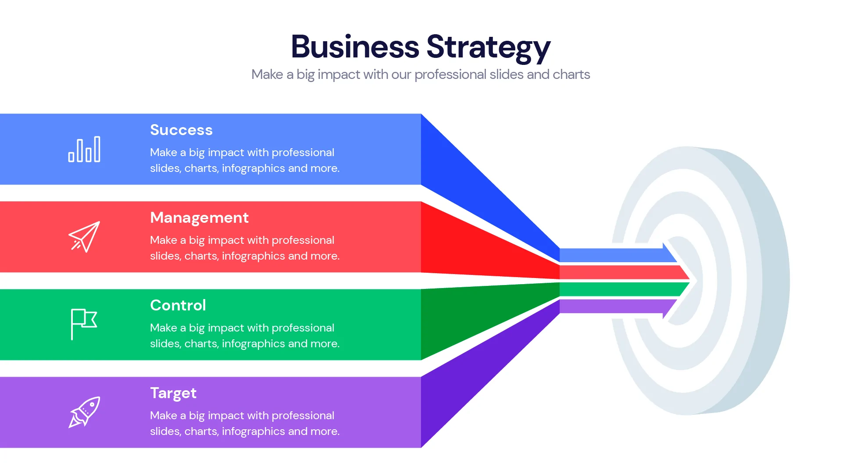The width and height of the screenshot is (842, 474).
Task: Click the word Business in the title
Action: [355, 46]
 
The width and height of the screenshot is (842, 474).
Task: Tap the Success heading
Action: [181, 130]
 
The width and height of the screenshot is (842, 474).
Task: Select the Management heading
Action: [199, 217]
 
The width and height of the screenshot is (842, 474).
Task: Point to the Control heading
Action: [178, 305]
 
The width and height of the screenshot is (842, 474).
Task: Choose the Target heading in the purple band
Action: [173, 393]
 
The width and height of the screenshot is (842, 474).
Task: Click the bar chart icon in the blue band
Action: [84, 150]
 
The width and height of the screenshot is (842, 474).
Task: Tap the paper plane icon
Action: [84, 237]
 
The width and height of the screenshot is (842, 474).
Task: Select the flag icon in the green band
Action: [84, 324]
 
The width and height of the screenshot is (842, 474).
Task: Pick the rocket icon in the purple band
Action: [84, 412]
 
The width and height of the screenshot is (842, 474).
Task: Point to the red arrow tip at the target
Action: [682, 273]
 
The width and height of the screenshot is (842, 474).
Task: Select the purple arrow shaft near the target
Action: [614, 306]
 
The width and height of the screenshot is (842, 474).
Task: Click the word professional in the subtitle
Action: [450, 75]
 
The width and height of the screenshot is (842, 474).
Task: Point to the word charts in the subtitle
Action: [571, 75]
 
